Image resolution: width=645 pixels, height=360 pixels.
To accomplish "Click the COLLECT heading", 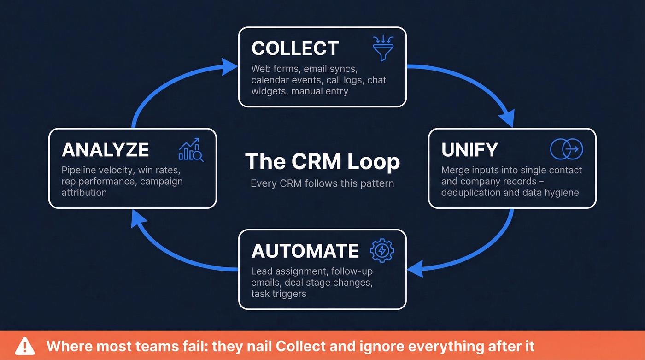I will point(295,48).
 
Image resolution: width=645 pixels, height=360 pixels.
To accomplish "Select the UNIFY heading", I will point(469,150).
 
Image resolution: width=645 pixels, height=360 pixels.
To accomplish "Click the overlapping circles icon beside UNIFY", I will point(567,149).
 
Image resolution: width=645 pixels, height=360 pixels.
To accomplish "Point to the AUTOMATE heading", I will point(305,251).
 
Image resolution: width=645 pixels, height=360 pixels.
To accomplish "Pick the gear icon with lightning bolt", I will point(382,251).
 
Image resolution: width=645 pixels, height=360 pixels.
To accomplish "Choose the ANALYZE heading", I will point(105,150).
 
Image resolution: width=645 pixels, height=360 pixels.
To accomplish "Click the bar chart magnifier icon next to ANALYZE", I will point(191,150).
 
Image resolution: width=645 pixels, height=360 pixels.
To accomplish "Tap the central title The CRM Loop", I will point(322,162).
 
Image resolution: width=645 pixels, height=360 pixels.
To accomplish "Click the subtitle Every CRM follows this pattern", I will point(322,183).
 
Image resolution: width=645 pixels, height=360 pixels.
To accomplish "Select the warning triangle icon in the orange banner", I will point(25,346).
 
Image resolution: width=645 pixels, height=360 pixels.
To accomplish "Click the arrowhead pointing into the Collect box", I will point(229,66).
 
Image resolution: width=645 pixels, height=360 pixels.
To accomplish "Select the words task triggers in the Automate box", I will point(278,294).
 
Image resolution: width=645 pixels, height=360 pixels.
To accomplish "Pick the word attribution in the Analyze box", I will point(84,193).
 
